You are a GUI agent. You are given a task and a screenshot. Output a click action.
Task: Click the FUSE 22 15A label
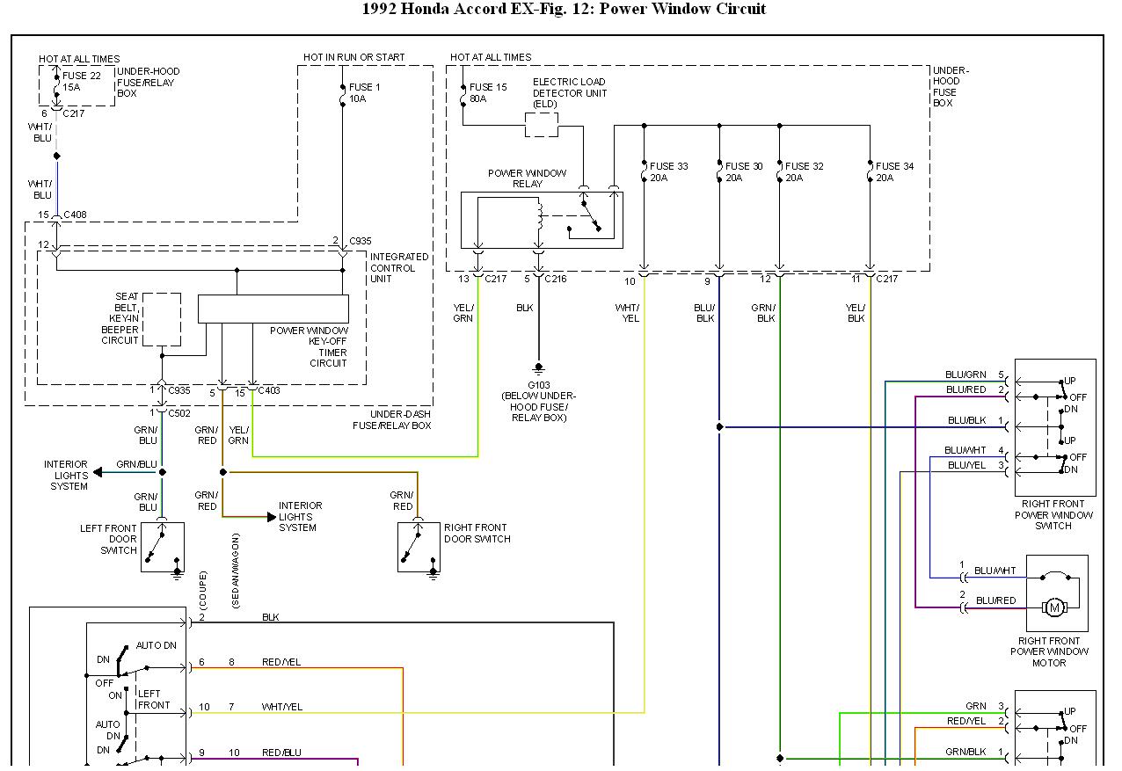tap(81, 81)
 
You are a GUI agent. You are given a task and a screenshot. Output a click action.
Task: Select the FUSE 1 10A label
tap(364, 92)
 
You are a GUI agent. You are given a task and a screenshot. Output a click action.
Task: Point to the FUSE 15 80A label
tap(487, 92)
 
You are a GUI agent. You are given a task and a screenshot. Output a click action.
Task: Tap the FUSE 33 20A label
tap(668, 171)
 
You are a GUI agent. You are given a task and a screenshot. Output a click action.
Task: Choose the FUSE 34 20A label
tap(894, 171)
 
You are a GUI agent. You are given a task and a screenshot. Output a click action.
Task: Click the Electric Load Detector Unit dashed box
tap(541, 125)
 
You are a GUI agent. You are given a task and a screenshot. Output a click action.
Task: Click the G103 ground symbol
tap(538, 369)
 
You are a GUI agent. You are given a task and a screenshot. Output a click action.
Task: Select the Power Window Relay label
tap(527, 178)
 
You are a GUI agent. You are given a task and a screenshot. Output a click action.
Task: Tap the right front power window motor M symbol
tap(1054, 607)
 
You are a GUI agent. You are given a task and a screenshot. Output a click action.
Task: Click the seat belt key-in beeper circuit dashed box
tap(162, 319)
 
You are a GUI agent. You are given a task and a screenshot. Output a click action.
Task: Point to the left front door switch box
tap(163, 547)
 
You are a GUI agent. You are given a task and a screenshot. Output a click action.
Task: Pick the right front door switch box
tap(419, 547)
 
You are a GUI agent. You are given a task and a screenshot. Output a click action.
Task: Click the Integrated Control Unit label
tap(399, 268)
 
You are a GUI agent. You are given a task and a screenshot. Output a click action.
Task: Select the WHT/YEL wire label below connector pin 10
tap(628, 313)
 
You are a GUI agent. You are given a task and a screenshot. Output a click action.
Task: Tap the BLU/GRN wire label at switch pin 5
tap(965, 375)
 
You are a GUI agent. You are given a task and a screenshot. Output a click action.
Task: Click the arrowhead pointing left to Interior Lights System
tap(98, 472)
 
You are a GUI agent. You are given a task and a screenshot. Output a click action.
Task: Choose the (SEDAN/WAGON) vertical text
tap(236, 571)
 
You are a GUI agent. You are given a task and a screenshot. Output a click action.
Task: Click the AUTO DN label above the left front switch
tap(157, 645)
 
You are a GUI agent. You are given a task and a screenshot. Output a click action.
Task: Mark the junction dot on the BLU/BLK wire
tap(719, 427)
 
